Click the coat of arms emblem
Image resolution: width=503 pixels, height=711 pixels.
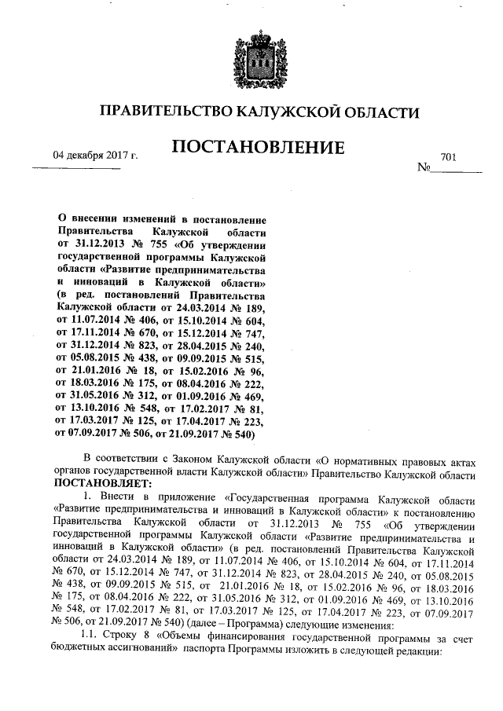251,57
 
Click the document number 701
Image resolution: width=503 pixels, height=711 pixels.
449,157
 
